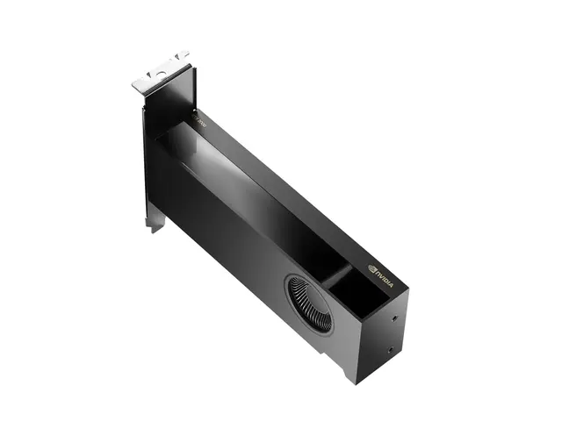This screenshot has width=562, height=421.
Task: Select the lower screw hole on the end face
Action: coord(389,349)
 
